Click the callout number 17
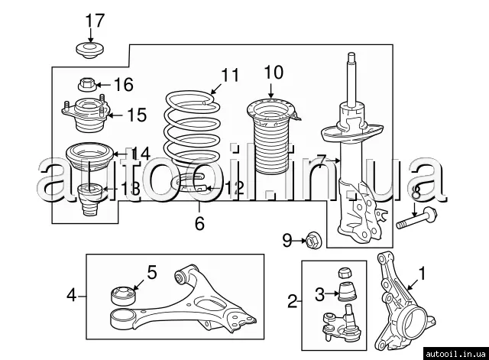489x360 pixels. pos(92,20)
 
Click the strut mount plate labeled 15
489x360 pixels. pos(84,115)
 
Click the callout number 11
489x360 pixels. pos(230,75)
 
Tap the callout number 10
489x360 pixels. pos(273,73)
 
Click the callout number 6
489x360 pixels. pos(199,223)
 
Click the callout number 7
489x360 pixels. pos(322,161)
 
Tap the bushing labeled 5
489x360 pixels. pos(123,294)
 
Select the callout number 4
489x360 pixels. pos(71,293)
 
